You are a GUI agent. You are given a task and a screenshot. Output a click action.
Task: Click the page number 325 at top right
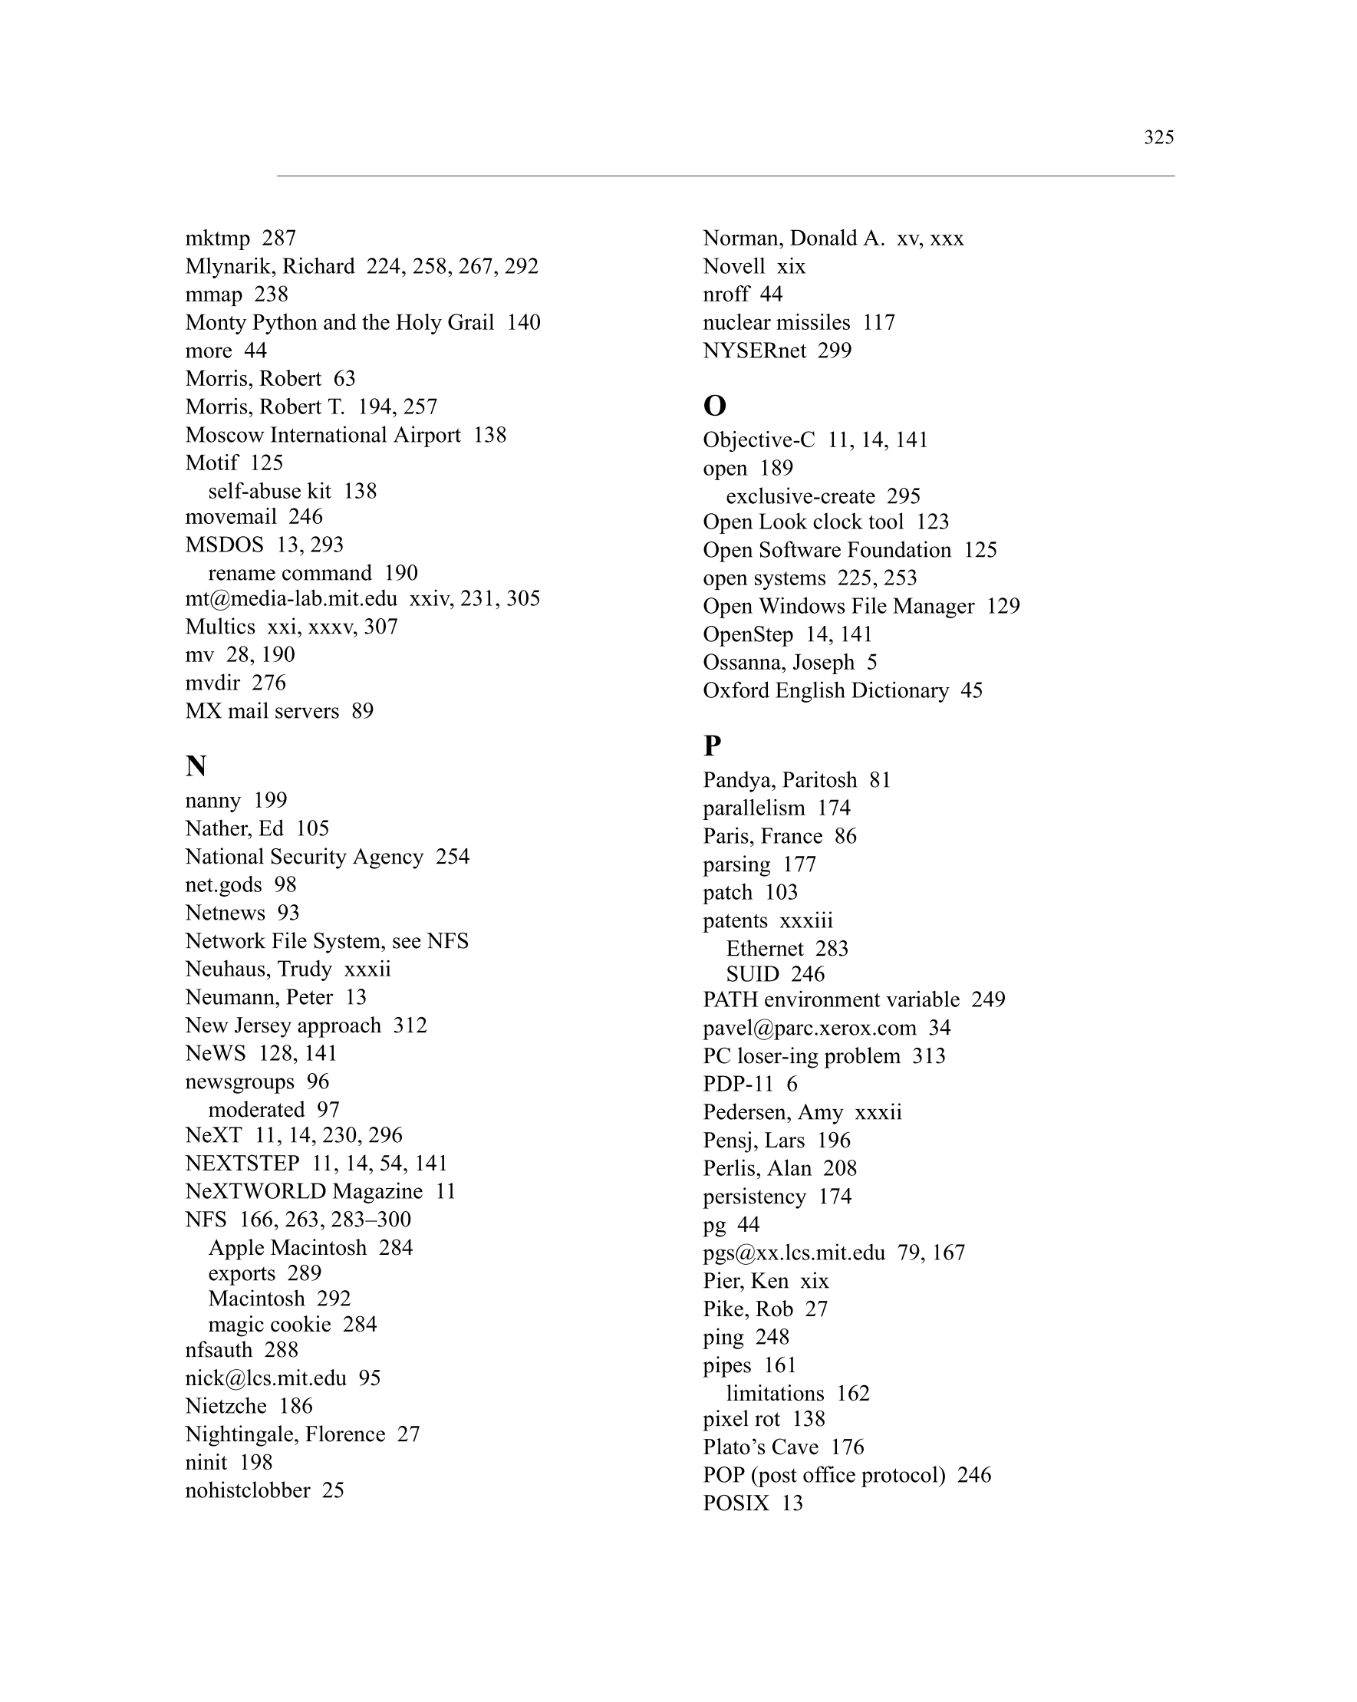coord(1158,137)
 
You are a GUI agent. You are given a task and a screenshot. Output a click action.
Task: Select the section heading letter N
coord(196,765)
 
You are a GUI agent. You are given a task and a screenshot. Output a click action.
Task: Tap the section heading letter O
coord(713,406)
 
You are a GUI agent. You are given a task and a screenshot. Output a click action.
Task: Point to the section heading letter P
coord(711,746)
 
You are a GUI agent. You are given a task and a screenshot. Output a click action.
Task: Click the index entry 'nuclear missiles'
coord(776,322)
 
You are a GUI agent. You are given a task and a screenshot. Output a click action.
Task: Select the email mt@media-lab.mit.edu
coord(291,598)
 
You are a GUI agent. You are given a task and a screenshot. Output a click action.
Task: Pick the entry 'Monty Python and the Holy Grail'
coord(340,322)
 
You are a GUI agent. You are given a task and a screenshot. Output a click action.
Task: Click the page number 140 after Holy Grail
coord(523,322)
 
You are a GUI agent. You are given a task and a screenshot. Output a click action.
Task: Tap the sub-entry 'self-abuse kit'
coord(269,491)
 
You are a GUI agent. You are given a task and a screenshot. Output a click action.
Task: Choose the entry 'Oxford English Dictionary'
coord(825,690)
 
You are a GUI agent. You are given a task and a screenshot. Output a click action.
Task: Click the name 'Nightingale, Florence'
coord(285,1434)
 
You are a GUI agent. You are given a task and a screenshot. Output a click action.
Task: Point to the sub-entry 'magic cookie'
coord(269,1324)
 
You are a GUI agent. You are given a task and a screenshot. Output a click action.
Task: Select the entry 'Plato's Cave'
coord(760,1447)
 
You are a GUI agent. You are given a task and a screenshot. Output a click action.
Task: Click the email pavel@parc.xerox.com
coord(809,1027)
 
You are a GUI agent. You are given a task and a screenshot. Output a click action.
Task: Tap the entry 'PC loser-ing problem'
coord(802,1055)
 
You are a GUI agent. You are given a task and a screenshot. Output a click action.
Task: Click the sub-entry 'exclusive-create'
coord(800,495)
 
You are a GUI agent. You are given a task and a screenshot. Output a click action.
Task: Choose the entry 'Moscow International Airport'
coord(323,435)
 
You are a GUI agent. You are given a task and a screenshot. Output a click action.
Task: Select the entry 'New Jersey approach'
coord(282,1025)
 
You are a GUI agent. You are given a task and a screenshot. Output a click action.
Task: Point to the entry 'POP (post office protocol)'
coord(823,1475)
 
